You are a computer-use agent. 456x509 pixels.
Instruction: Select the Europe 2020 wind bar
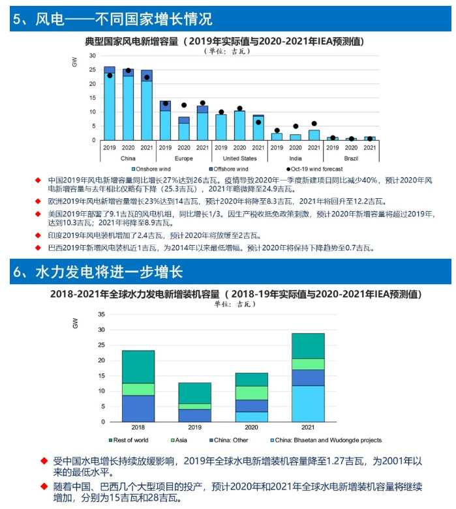pos(184,128)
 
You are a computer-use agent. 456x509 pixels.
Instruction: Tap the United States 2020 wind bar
pos(239,125)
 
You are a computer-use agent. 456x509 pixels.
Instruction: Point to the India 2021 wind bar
pos(314,135)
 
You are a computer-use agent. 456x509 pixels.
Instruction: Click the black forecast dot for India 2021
pos(314,123)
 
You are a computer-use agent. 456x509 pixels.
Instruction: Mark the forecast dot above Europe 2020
pos(184,105)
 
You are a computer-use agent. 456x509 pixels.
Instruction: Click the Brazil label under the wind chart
pos(352,158)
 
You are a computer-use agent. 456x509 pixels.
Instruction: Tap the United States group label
pos(239,158)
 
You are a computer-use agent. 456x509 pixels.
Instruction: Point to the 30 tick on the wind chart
pos(93,56)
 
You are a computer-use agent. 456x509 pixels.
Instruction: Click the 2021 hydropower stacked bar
pos(308,377)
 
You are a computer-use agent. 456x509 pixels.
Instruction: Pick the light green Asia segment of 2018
pos(138,389)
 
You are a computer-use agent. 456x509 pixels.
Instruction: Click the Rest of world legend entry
pos(130,441)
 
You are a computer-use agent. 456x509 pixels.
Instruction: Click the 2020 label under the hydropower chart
pos(251,428)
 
